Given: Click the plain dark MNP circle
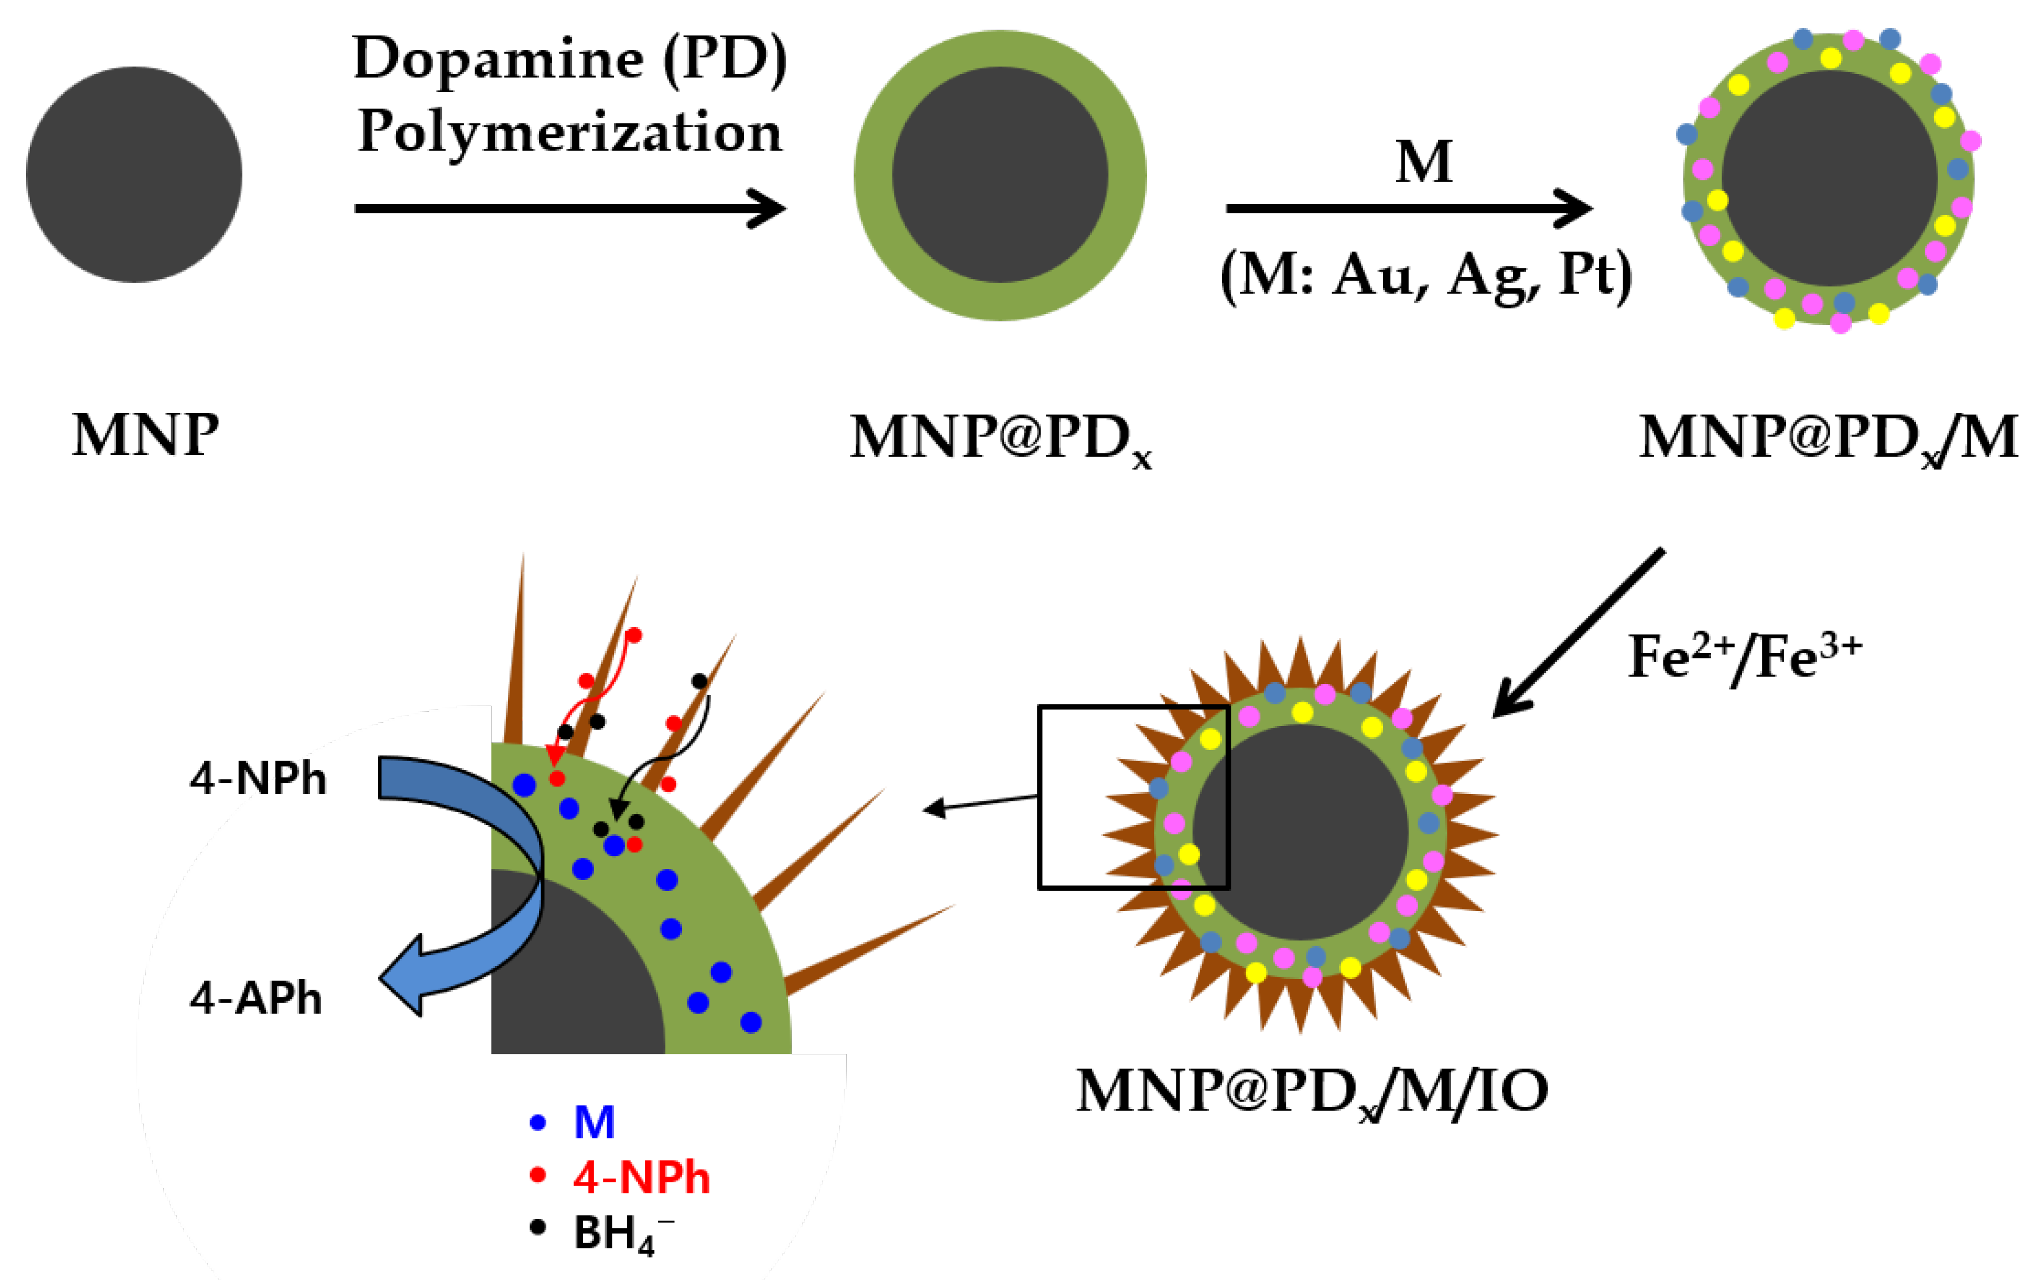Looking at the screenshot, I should [x=134, y=174].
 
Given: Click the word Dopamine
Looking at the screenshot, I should [x=499, y=59].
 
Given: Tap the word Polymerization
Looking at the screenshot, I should [x=570, y=133].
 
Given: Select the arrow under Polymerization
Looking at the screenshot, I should [x=570, y=208].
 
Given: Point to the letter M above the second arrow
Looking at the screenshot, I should [x=1424, y=162].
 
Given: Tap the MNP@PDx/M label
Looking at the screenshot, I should [x=1827, y=438].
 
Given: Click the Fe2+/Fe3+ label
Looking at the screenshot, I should [x=1744, y=657].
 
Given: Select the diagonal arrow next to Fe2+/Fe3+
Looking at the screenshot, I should [x=1577, y=632].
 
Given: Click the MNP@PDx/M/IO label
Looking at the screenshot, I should [x=1311, y=1091].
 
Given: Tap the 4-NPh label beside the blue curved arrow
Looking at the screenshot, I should [x=258, y=778].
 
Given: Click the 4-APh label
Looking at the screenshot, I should [x=256, y=998].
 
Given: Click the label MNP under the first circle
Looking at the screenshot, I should [x=146, y=436].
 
